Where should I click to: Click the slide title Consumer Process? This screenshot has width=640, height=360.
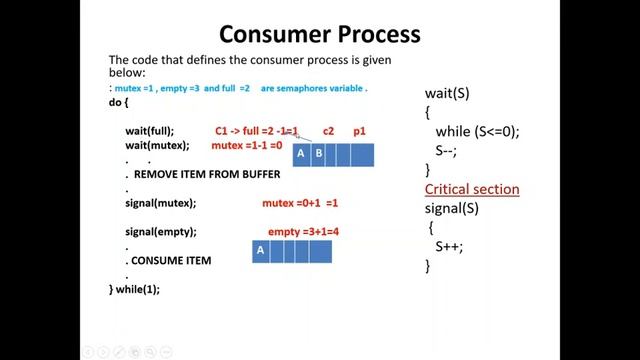coord(319,34)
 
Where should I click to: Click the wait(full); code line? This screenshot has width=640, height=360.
coord(149,131)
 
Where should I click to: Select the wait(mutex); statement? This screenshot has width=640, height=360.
coord(156,146)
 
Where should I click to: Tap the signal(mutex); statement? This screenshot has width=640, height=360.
coord(160,203)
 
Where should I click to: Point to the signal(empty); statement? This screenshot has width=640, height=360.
coord(160,232)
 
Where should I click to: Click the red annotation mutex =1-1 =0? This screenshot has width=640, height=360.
coord(247,146)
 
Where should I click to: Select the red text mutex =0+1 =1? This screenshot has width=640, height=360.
coord(300,203)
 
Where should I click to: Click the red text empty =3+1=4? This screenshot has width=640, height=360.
coord(303,232)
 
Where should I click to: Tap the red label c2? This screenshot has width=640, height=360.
coord(328,131)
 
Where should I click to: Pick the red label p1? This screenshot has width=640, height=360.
coord(359,131)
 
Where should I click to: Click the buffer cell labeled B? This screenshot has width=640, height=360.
coord(319,154)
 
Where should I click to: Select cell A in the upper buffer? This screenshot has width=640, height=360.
coord(301,154)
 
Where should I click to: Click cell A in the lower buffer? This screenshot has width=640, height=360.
coord(260,251)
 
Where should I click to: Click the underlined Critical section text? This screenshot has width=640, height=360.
coord(472,189)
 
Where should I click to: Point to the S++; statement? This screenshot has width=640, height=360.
coord(450,246)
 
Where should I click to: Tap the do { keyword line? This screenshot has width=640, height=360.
coord(119,103)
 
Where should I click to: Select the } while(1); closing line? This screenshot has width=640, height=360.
coord(135,289)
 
